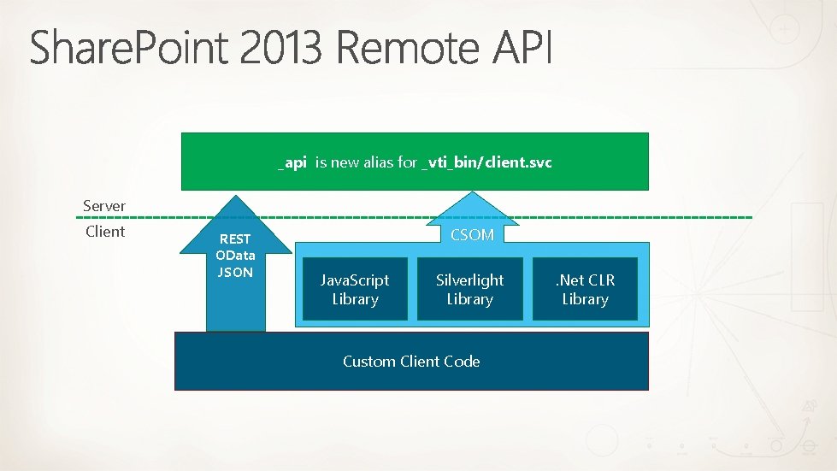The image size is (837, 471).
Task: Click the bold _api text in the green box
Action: pyautogui.click(x=292, y=162)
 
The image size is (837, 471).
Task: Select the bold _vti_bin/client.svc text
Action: pyautogui.click(x=487, y=162)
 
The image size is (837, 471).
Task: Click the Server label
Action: pyautogui.click(x=104, y=206)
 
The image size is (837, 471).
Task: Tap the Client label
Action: pyautogui.click(x=105, y=232)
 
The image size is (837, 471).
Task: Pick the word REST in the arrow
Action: pyautogui.click(x=235, y=240)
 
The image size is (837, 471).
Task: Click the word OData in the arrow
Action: pyautogui.click(x=235, y=256)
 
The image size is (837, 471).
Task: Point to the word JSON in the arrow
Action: pyautogui.click(x=235, y=272)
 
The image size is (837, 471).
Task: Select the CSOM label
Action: pyautogui.click(x=472, y=234)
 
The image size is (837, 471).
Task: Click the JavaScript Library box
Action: pyautogui.click(x=355, y=289)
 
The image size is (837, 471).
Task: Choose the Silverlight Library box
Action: pyautogui.click(x=469, y=289)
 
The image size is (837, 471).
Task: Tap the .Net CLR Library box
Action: pyautogui.click(x=585, y=289)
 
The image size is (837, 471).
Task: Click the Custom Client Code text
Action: pyautogui.click(x=411, y=361)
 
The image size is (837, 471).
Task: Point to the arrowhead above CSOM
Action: pyautogui.click(x=472, y=202)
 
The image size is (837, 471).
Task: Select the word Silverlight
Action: pyautogui.click(x=469, y=280)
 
